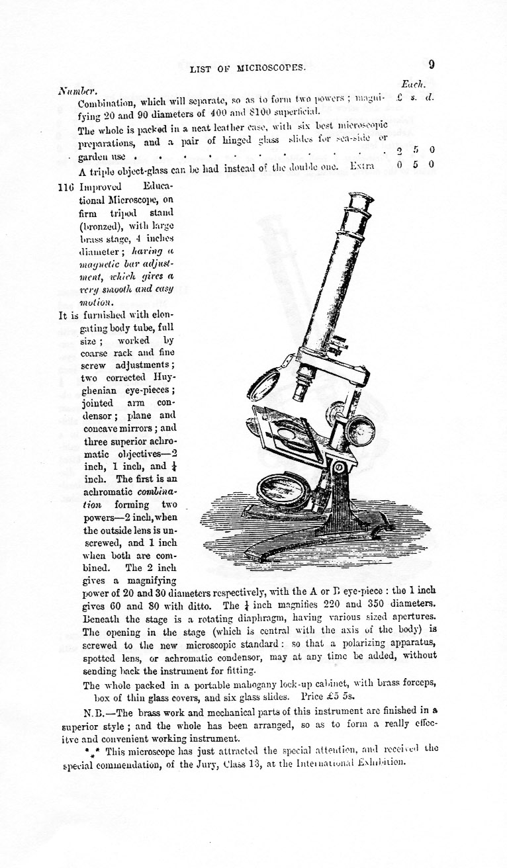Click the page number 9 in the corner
tap(431, 65)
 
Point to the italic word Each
tap(414, 84)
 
